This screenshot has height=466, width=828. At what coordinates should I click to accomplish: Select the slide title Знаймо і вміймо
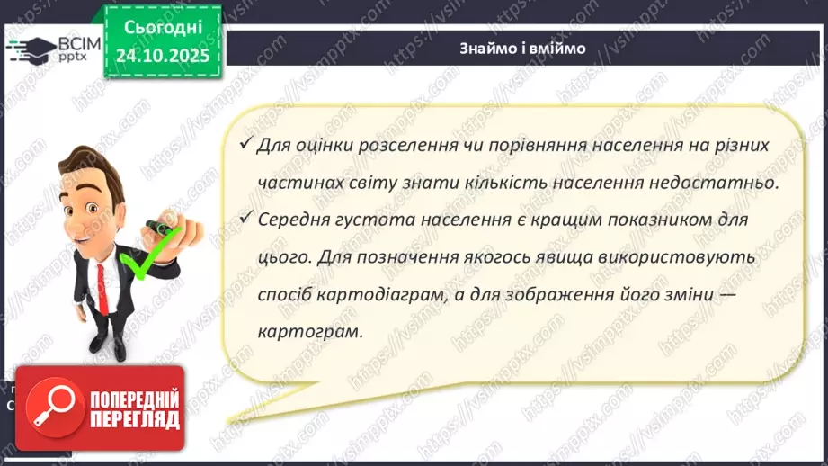522,49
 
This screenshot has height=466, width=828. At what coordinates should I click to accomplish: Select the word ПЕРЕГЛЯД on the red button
135,420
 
